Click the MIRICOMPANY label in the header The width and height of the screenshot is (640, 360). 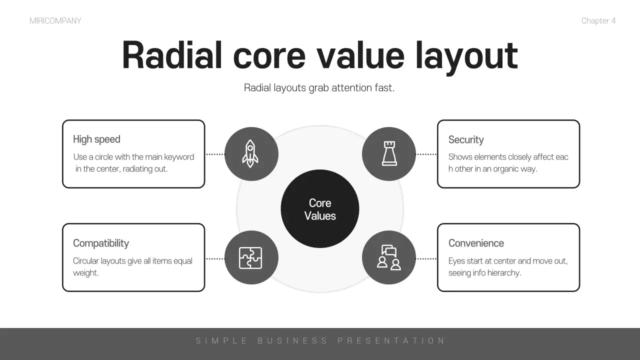[55, 21]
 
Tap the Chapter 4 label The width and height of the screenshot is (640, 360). [598, 21]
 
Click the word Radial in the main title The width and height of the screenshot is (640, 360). [172, 55]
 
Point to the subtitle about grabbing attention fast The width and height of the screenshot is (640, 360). [319, 87]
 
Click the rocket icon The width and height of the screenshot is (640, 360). [250, 153]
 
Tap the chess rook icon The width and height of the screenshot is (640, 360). [389, 153]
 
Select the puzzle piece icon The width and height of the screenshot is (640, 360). [250, 258]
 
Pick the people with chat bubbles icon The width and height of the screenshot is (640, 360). [389, 257]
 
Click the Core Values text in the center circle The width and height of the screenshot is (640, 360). [320, 209]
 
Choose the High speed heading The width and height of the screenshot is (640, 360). [96, 139]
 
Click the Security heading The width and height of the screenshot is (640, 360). [466, 139]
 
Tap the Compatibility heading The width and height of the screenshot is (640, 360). [101, 243]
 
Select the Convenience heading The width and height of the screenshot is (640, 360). [476, 243]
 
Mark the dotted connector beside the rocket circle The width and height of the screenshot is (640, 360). [215, 154]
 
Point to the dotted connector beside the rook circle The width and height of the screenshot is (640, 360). [426, 154]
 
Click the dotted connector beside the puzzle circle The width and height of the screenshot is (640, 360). [215, 259]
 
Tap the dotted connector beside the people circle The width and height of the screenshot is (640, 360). [426, 259]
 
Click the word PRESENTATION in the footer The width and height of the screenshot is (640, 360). [391, 340]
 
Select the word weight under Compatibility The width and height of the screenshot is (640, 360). [85, 273]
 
